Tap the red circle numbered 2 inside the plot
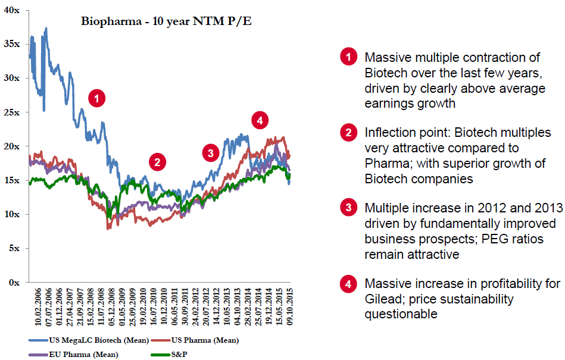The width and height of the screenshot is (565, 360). pos(157,161)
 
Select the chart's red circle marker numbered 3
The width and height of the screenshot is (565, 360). pos(210,153)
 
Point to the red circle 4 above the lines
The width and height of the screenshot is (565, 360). pos(258,120)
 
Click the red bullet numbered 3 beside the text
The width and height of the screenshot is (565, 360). pos(348,209)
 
